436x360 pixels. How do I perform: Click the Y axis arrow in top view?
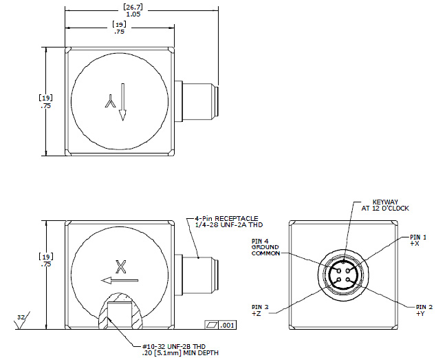pyautogui.click(x=122, y=102)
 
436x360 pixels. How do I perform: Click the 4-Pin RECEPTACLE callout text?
pyautogui.click(x=224, y=219)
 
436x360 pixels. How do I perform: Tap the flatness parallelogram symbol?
pyautogui.click(x=212, y=325)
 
